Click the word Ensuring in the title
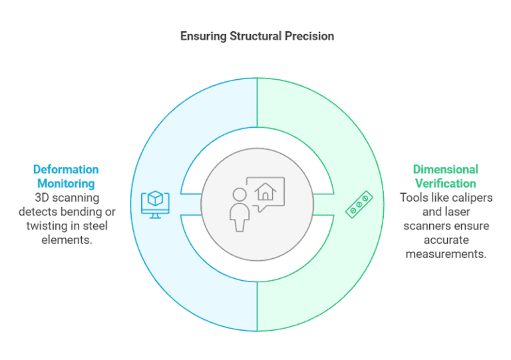point(200,36)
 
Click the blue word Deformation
point(66,170)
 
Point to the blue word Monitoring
point(66,183)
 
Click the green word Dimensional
point(445,170)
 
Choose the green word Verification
point(445,183)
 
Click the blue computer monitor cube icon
point(154,203)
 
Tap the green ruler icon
point(359,205)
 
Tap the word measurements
point(445,254)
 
